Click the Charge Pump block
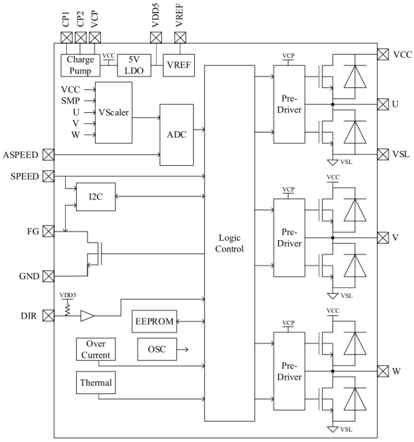(80, 65)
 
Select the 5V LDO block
(131, 65)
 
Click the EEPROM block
(154, 322)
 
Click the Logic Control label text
(229, 243)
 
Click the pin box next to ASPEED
(49, 155)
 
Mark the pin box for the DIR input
(49, 316)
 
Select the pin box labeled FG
(49, 232)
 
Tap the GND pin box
(49, 276)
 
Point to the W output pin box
(383, 371)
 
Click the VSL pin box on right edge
(383, 154)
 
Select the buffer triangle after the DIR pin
(87, 316)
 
